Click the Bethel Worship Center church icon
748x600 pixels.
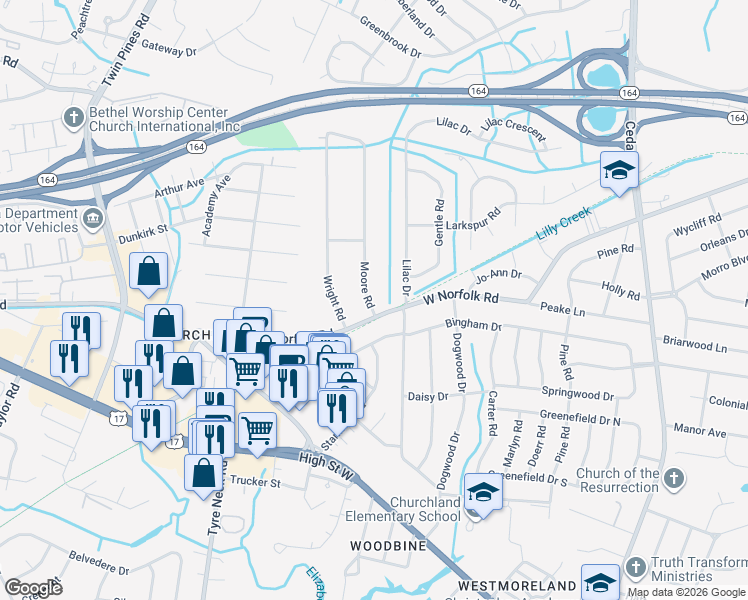(x=73, y=118)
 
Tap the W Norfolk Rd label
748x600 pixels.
(x=461, y=297)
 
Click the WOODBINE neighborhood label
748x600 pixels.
(x=388, y=546)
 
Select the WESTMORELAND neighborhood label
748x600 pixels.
(x=517, y=584)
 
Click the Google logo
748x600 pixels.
(x=34, y=588)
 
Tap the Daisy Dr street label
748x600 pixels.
(x=428, y=397)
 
